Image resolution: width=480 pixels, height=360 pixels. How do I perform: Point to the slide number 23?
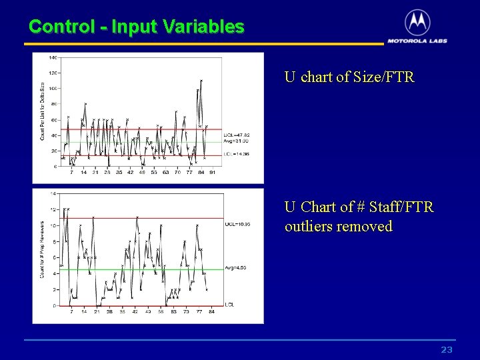coord(447,350)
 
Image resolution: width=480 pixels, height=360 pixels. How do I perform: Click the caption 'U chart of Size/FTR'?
coord(349,77)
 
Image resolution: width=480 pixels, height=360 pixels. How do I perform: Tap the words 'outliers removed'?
coord(338,227)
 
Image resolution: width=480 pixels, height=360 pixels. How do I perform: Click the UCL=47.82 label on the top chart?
coord(237,135)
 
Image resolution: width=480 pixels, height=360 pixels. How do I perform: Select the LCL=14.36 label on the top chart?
coord(236,154)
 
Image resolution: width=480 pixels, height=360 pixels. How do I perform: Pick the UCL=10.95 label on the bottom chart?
coord(237,224)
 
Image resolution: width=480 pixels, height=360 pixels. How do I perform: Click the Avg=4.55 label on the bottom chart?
coord(236,268)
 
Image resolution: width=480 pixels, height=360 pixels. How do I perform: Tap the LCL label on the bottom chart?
coord(229,305)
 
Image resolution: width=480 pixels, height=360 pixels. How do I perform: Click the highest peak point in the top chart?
coord(201,81)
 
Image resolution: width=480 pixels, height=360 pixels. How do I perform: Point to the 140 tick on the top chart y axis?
coord(53,57)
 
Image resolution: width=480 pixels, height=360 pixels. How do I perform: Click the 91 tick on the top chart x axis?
coord(212,172)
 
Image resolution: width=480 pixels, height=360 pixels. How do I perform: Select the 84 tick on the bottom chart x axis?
coord(211,311)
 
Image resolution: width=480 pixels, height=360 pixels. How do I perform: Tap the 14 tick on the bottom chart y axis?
coord(53,193)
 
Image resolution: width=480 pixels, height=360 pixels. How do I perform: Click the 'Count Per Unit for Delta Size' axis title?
coord(43,110)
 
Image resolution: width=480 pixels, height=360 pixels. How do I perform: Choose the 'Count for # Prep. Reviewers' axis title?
coord(43,250)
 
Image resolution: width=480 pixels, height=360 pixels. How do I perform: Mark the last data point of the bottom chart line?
coord(207,290)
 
